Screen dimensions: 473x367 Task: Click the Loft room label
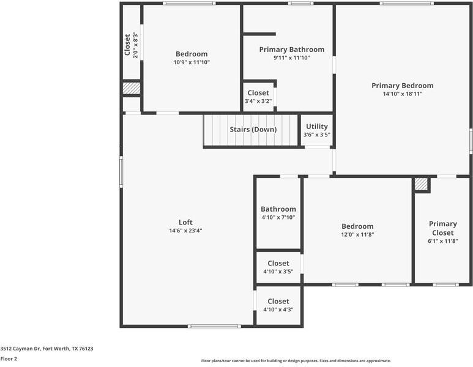[x=185, y=222]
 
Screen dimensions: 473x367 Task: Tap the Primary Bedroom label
[x=403, y=86]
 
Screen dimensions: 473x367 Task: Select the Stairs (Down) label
[x=253, y=130]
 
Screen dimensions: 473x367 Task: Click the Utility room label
[x=317, y=127]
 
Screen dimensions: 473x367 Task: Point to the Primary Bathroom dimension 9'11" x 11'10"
[x=292, y=57]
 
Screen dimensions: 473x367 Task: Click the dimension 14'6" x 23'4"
[x=185, y=231]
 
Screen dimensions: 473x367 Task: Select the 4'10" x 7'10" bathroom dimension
[x=278, y=217]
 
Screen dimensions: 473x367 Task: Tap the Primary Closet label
[x=443, y=228]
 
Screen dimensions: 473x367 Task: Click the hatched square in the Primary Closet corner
[x=421, y=184]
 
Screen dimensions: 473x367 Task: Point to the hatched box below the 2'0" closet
[x=131, y=88]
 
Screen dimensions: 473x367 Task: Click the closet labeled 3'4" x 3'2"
[x=258, y=97]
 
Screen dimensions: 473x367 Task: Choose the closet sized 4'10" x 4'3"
[x=278, y=305]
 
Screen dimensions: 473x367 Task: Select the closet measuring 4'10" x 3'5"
[x=278, y=267]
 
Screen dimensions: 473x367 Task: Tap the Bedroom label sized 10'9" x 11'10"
[x=192, y=54]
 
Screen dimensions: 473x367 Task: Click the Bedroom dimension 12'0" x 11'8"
[x=357, y=235]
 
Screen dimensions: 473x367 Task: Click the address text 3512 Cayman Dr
[x=21, y=349]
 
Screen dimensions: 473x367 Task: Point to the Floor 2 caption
[x=9, y=359]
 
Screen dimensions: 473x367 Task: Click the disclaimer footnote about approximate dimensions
[x=296, y=361]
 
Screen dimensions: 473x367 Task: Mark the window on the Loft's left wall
[x=121, y=172]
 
